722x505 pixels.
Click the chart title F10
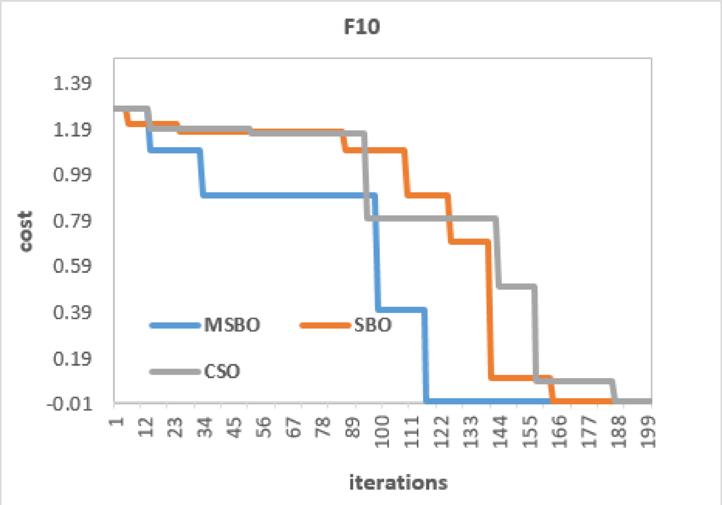362,27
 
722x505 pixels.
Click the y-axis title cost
25,231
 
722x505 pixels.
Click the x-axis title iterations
398,482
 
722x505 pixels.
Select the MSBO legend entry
231,325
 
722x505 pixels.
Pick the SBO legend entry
373,325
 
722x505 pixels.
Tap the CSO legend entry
222,371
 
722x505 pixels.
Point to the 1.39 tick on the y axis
72,83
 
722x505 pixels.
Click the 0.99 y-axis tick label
72,174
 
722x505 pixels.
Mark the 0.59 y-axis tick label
72,266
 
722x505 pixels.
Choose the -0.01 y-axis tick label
69,403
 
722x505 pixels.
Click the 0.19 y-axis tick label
72,358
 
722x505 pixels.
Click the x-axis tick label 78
324,427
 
